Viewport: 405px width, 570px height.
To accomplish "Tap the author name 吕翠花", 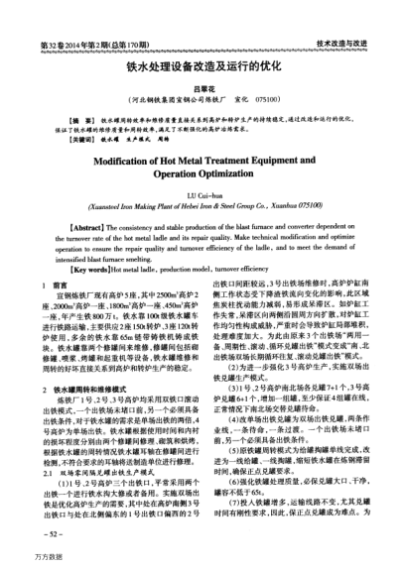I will point(202,89).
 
